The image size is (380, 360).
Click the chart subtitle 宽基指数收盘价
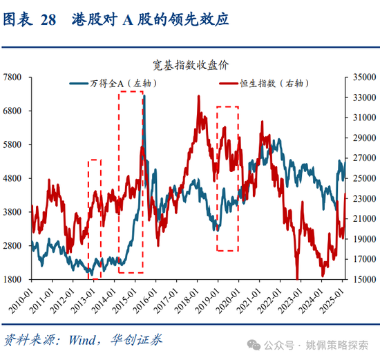[x=187, y=64]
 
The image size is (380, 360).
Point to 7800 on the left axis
[x=15, y=77]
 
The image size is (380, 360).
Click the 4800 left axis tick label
[x=15, y=179]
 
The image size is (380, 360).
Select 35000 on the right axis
[x=363, y=77]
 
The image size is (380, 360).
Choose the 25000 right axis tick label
[x=363, y=179]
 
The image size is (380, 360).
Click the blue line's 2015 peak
[x=144, y=96]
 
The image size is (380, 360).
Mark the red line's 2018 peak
[x=199, y=97]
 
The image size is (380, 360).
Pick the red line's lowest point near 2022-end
[x=297, y=277]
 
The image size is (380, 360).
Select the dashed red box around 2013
[x=95, y=218]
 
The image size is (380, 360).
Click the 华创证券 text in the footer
[x=137, y=339]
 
